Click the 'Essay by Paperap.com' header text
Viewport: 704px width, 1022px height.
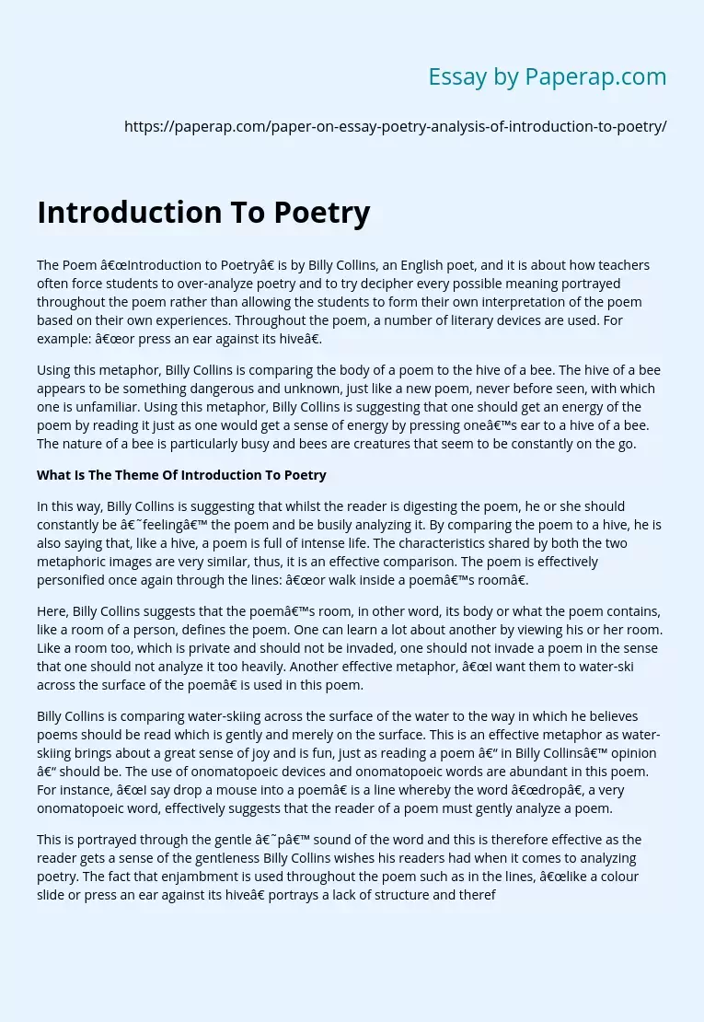(547, 77)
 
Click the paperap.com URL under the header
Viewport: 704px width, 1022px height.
(395, 127)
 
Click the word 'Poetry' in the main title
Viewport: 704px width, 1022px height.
(321, 212)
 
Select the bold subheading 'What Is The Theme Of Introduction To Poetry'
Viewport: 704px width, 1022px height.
(181, 475)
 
